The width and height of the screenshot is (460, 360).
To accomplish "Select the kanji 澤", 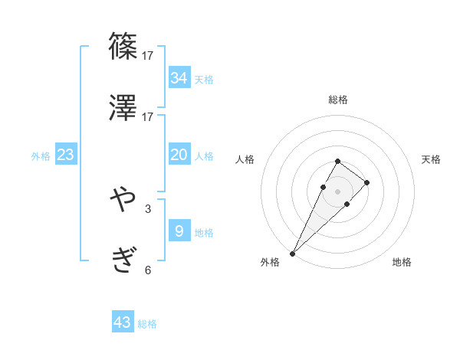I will (x=123, y=108).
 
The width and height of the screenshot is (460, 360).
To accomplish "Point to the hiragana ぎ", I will (x=123, y=261).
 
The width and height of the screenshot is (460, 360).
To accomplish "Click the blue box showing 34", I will (x=179, y=77).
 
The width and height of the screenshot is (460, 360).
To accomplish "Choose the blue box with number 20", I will (x=179, y=155).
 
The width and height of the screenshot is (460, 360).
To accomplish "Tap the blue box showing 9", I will (x=179, y=231).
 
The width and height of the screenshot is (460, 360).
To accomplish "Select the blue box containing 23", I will (x=65, y=155).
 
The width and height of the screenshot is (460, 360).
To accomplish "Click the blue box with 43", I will (x=123, y=322).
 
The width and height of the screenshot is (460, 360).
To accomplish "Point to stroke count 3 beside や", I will (x=148, y=208).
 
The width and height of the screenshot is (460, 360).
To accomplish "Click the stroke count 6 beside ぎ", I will (x=148, y=270).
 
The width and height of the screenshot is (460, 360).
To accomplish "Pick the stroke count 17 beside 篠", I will (x=148, y=55).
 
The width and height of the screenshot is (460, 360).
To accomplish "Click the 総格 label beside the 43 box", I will (x=147, y=324).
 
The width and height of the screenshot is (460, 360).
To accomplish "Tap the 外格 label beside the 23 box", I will (x=41, y=156).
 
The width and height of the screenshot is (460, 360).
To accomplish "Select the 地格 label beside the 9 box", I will (x=204, y=232).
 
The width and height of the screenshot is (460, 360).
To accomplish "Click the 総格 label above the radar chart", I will (x=337, y=100).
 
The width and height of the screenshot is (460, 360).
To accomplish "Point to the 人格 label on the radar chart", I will (x=245, y=159).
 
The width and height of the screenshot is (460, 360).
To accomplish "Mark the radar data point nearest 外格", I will (x=293, y=253).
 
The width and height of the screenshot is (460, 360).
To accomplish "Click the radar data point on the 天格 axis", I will (x=367, y=182).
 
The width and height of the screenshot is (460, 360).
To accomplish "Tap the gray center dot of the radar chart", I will (x=337, y=191).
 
